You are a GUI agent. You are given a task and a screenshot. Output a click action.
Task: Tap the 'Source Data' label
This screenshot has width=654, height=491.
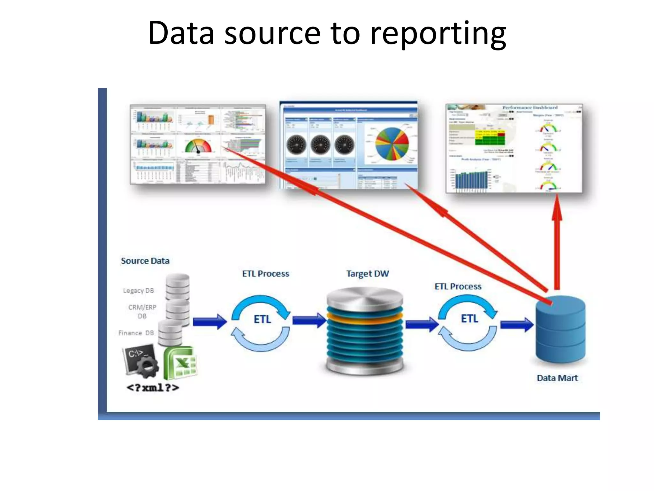click(145, 261)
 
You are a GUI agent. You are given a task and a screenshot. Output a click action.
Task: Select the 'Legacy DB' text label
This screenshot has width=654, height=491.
click(138, 291)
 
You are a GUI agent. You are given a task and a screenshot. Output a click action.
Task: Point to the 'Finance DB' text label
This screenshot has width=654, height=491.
click(136, 333)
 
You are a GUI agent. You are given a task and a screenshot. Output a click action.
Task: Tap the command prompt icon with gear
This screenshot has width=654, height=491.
click(140, 359)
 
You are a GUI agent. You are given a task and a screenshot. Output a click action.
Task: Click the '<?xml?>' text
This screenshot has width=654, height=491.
click(153, 388)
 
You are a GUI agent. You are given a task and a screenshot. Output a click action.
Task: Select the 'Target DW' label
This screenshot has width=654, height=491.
click(368, 274)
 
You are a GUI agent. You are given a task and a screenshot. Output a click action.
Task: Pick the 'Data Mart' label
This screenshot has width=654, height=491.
click(557, 378)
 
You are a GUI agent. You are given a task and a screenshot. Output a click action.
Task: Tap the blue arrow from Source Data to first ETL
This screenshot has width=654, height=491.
click(209, 321)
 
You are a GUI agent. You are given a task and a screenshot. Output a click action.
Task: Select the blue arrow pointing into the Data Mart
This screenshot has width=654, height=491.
click(517, 325)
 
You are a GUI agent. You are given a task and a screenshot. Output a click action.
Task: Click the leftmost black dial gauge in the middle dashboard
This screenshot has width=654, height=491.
click(296, 144)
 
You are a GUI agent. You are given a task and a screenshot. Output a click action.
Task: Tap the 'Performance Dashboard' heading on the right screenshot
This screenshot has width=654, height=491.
click(530, 107)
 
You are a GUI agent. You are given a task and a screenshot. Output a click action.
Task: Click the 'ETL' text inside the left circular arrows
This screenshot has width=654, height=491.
click(262, 319)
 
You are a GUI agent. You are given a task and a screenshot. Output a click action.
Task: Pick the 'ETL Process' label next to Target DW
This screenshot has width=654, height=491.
click(458, 286)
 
